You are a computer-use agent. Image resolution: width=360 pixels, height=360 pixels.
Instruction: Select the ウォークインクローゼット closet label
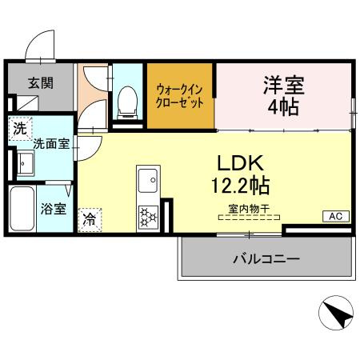tap(180, 96)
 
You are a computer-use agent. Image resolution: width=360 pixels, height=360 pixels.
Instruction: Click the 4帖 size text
tap(283, 108)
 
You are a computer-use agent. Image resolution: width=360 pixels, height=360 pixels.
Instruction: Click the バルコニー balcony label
tap(266, 259)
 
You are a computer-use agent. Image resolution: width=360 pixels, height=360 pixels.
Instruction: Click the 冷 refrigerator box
tap(90, 218)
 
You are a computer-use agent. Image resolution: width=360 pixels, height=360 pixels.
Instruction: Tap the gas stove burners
tap(149, 216)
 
